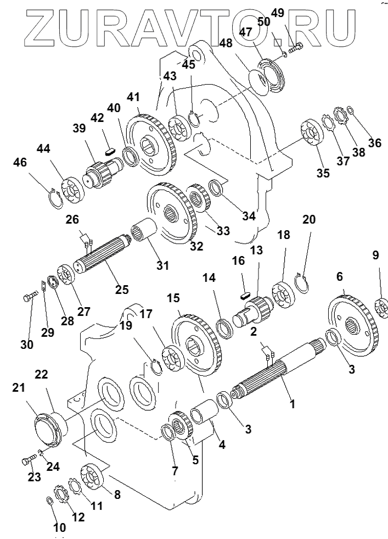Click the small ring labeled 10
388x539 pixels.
(48, 501)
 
